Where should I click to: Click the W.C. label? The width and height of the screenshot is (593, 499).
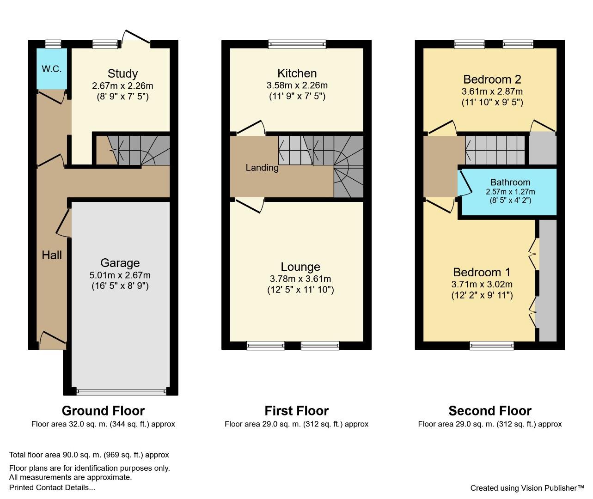coord(51,69)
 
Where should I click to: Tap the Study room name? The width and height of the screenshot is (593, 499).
coord(122,73)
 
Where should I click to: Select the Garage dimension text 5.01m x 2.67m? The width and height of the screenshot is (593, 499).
coord(120,275)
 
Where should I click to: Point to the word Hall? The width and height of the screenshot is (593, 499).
coord(52,255)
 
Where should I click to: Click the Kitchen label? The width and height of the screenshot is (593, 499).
coord(297,73)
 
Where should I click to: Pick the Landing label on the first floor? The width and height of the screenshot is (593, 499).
coord(262,168)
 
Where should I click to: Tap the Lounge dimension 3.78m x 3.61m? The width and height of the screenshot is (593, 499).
coord(300,279)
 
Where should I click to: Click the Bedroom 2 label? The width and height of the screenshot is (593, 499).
coord(492,79)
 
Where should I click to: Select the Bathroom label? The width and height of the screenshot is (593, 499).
coord(510,182)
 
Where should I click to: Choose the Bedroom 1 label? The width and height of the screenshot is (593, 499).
coord(482,272)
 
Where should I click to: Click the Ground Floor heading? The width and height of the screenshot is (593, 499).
coord(104,411)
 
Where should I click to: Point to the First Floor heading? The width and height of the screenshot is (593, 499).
coord(297,411)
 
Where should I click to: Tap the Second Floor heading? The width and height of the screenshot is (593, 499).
coord(490,411)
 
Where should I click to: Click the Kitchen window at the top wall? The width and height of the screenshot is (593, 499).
coord(297,44)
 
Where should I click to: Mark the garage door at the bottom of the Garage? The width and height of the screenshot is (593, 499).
coord(121,392)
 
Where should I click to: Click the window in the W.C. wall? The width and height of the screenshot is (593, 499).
coord(54,44)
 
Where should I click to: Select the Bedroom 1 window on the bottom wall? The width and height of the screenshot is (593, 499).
coord(492,346)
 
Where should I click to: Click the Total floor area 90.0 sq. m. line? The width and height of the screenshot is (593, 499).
coord(89,455)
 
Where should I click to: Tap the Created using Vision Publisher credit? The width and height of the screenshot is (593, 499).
coord(527,488)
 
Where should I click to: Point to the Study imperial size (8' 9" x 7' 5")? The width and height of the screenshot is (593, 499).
coord(122,97)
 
